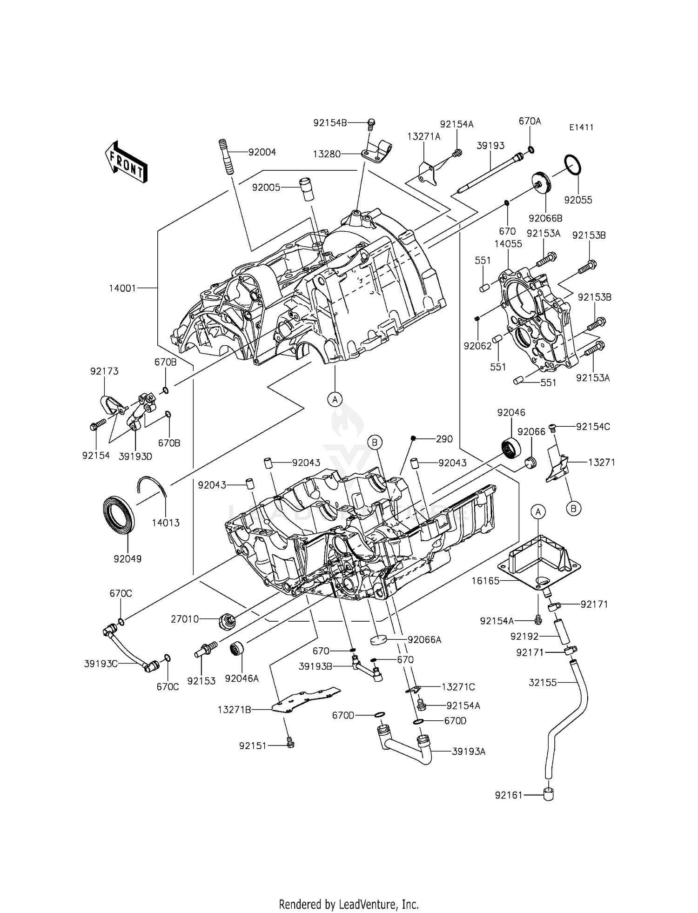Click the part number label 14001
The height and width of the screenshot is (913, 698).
(x=122, y=288)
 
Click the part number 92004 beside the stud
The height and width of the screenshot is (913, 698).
(x=262, y=152)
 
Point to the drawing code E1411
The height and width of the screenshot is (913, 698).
(x=581, y=128)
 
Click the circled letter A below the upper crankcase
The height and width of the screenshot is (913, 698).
(x=335, y=399)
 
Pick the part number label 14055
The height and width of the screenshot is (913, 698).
(x=508, y=244)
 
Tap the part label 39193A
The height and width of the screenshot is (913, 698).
(x=469, y=751)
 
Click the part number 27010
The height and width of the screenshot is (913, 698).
(x=185, y=619)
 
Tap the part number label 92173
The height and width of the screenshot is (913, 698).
(x=104, y=371)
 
